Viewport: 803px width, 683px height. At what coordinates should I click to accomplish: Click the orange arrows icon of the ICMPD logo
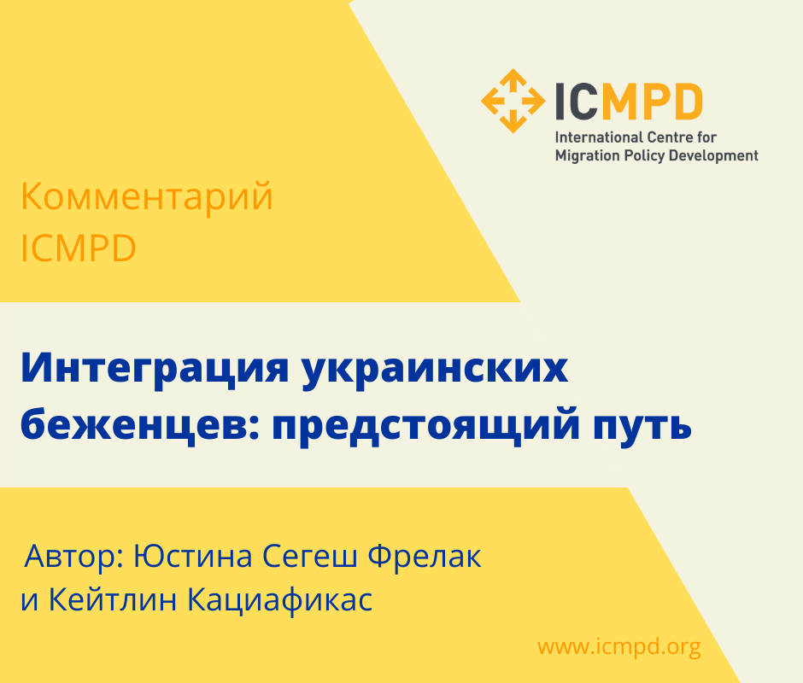point(513,101)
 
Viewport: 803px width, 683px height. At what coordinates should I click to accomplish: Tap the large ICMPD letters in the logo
point(629,102)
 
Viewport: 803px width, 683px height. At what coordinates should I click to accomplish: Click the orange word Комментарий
point(146,196)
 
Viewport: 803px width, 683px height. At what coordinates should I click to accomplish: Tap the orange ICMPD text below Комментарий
point(79,248)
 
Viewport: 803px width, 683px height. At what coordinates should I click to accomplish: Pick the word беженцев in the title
point(141,425)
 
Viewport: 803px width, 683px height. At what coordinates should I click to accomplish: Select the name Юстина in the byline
point(193,556)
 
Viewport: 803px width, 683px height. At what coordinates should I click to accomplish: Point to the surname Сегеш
point(310,556)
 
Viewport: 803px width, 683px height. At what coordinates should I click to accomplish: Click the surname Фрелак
point(425,556)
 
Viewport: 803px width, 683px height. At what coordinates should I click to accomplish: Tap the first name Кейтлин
point(112,599)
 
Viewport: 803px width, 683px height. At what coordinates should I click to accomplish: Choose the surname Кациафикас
point(279,600)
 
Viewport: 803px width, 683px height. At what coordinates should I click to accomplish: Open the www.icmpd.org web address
point(618,646)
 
